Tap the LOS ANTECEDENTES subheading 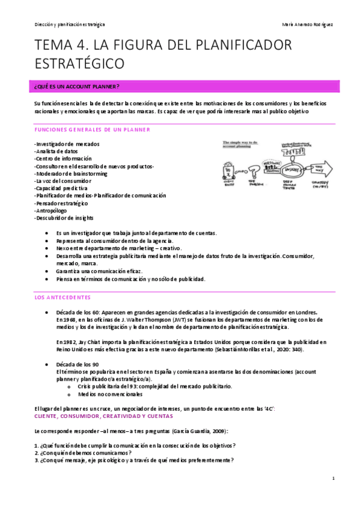(x=63, y=297)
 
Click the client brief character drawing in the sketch (x=231, y=171)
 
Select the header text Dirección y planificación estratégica (x=70, y=25)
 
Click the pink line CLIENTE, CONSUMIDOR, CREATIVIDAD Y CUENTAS (x=104, y=416)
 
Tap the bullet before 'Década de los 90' (x=47, y=365)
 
